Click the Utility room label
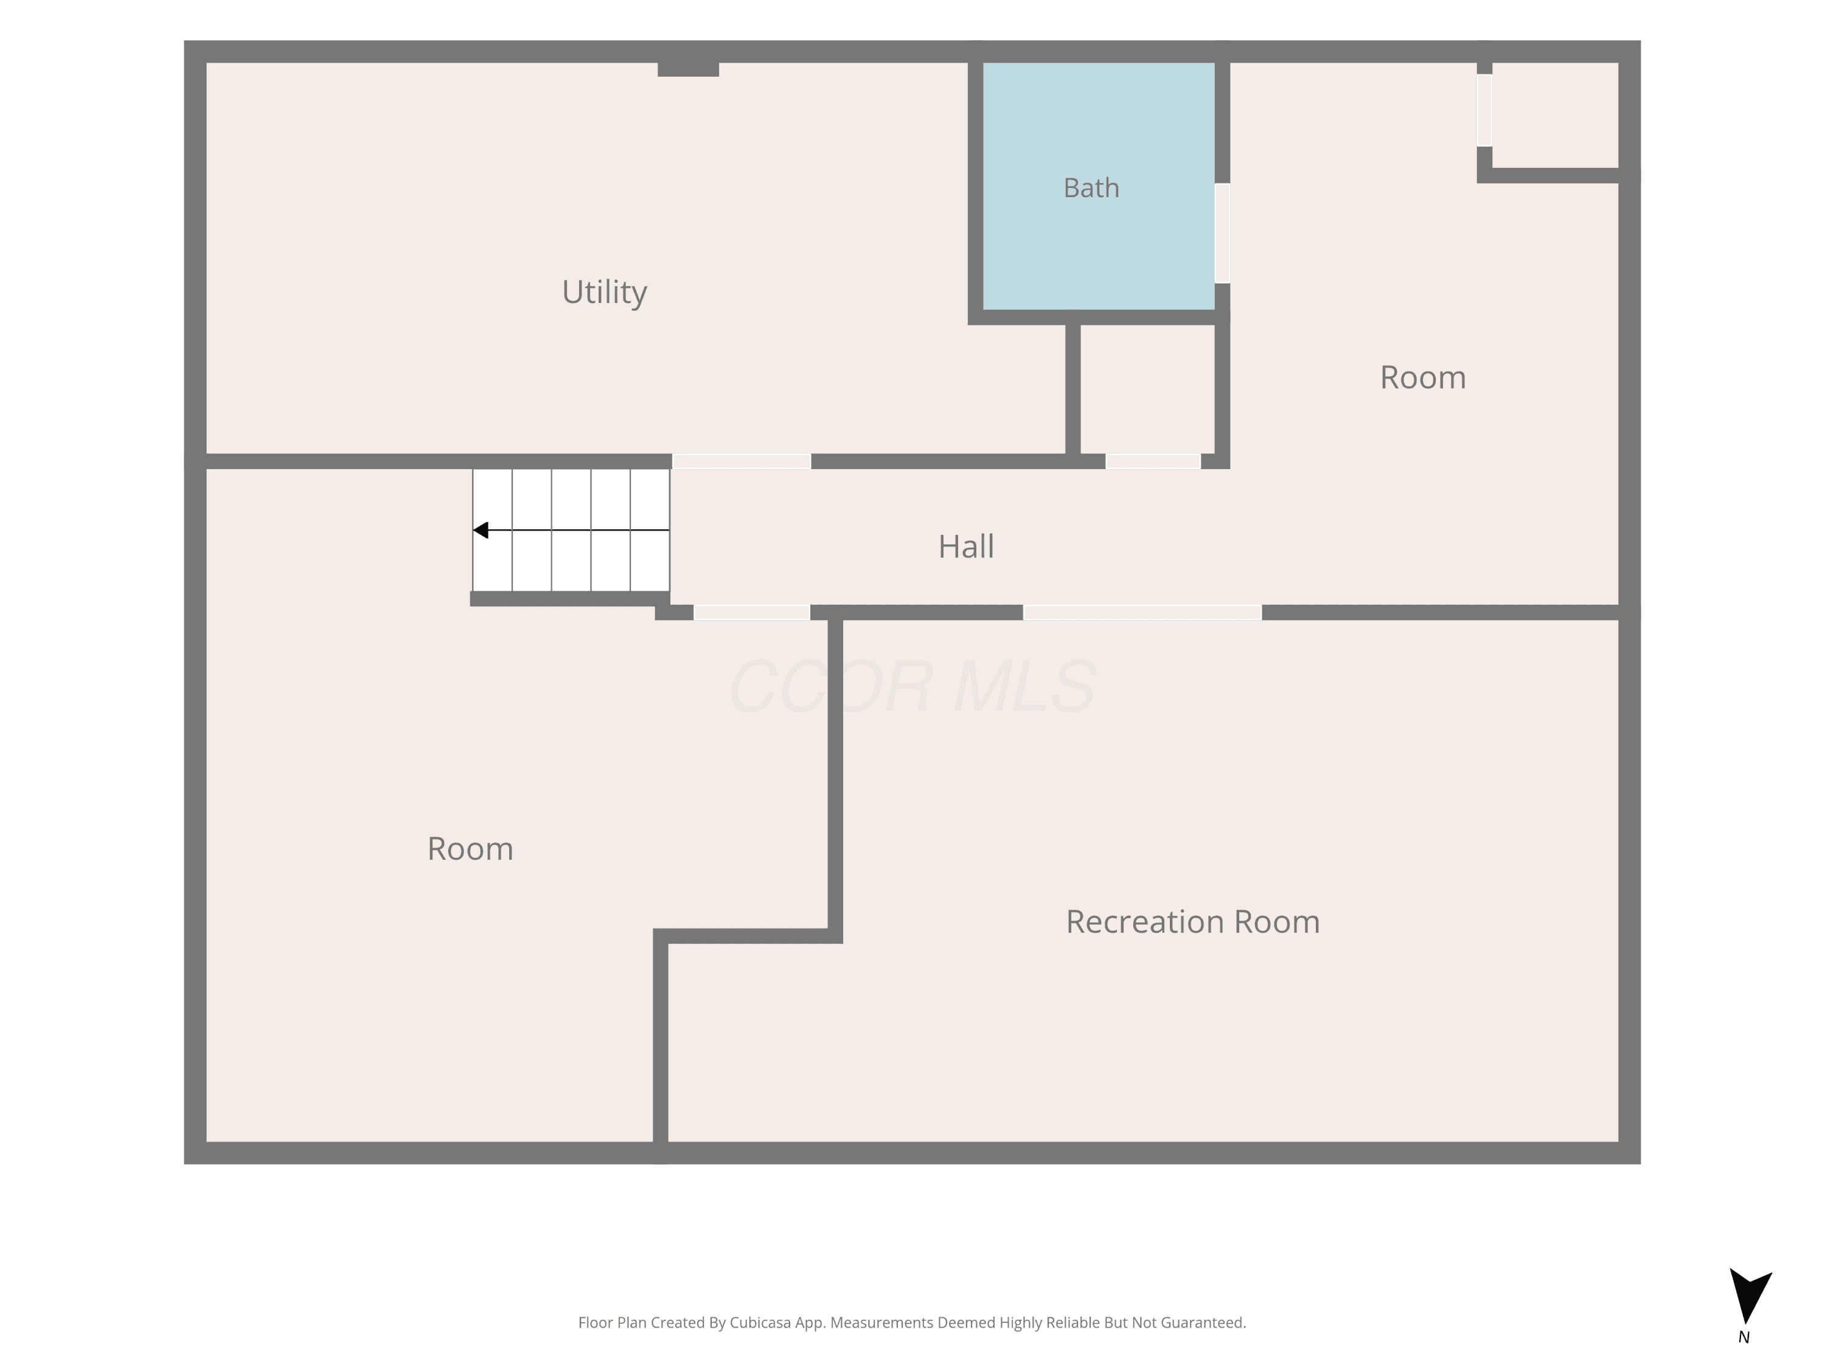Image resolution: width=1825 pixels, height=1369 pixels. point(604,293)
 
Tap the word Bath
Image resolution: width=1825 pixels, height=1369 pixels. point(1091,188)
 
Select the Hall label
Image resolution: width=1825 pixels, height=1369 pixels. point(965,546)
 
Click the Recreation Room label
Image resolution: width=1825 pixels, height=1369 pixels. point(1192,922)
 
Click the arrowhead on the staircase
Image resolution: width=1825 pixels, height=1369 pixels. point(480,530)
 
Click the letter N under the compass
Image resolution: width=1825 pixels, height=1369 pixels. point(1743,1337)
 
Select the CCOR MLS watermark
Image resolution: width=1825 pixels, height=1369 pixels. point(912,686)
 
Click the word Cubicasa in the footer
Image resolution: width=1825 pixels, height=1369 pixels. point(760,1323)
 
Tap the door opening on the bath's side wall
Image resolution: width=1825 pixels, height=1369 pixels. point(1222,232)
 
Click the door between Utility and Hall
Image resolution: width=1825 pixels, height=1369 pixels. point(742,461)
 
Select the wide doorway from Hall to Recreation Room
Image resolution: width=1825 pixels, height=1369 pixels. point(1142,612)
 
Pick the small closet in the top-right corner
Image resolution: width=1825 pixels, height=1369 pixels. point(1554,116)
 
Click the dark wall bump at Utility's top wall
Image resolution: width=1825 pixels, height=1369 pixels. point(688,69)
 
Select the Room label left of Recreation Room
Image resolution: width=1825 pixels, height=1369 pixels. point(470,849)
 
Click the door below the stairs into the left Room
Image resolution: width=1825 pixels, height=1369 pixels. point(752,612)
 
